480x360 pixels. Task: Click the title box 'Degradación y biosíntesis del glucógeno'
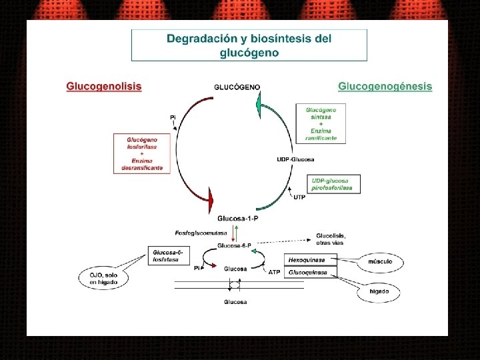(249, 45)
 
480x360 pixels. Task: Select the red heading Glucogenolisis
(103, 86)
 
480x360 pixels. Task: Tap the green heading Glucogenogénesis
(385, 87)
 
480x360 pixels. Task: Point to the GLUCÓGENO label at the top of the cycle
(237, 87)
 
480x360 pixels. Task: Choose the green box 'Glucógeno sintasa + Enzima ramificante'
(321, 123)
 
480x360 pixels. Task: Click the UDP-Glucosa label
(295, 159)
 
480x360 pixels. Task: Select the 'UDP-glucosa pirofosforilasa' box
(333, 184)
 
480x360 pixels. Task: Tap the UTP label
(299, 197)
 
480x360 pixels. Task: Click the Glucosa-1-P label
(237, 218)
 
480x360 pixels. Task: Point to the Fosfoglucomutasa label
(201, 233)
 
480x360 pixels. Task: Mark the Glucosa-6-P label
(234, 245)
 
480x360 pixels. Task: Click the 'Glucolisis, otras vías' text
(331, 239)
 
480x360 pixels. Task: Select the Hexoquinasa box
(311, 260)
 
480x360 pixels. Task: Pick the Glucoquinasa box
(311, 272)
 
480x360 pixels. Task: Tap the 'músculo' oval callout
(380, 262)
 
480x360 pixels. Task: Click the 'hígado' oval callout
(379, 292)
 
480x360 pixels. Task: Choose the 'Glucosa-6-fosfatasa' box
(167, 255)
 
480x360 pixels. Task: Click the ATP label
(274, 272)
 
